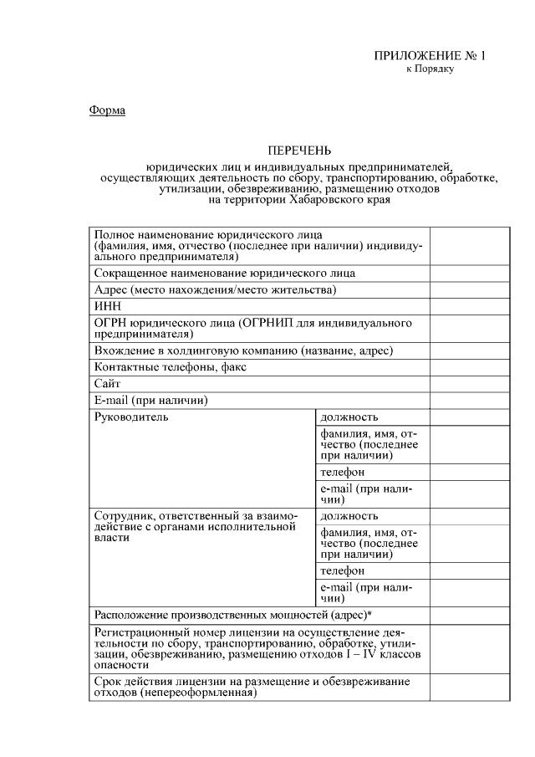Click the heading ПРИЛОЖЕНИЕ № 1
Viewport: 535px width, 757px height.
429,56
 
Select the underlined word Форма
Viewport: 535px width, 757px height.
107,110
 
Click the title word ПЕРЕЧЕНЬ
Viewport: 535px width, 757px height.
299,151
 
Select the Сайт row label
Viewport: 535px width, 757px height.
108,383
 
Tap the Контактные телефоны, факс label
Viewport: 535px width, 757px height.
170,367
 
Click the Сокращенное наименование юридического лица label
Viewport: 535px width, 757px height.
224,274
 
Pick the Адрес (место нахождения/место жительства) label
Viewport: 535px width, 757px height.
215,290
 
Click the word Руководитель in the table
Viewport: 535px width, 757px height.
131,417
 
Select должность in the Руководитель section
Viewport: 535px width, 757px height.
349,417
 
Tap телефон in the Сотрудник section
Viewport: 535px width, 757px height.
342,570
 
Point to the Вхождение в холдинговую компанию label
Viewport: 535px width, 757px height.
243,350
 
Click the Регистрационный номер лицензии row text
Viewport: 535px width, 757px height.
259,647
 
